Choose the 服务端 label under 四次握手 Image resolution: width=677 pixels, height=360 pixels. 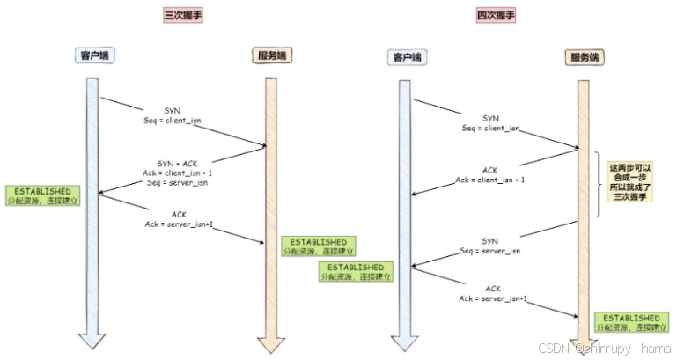tap(585, 57)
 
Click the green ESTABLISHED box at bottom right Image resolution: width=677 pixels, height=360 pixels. tap(632, 322)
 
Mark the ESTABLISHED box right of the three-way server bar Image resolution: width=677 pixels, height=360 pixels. tap(313, 246)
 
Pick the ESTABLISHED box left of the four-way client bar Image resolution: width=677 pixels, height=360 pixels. tap(356, 271)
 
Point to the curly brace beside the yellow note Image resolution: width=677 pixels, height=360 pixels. tap(602, 182)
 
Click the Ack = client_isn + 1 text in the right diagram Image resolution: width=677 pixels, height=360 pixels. tap(490, 180)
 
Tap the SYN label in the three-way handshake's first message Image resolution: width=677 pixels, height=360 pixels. tap(173, 109)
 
